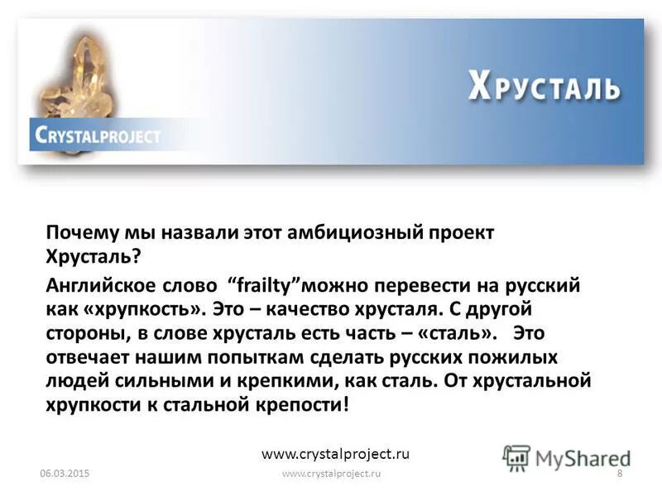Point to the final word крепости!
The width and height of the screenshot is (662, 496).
click(313, 405)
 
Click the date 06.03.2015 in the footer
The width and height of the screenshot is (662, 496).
click(64, 474)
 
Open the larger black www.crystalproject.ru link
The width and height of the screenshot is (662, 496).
click(335, 454)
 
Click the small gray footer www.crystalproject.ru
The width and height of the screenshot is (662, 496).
click(331, 474)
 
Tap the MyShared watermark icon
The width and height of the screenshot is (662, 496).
click(517, 458)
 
